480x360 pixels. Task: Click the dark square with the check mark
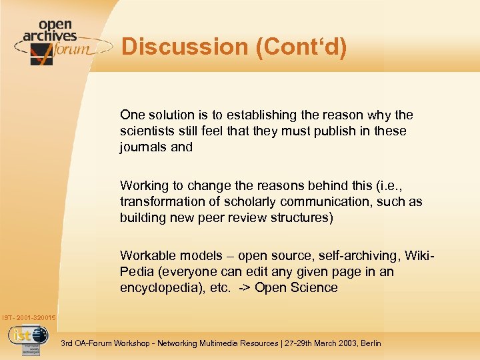tap(41, 53)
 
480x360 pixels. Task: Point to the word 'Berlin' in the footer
tap(369, 343)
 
